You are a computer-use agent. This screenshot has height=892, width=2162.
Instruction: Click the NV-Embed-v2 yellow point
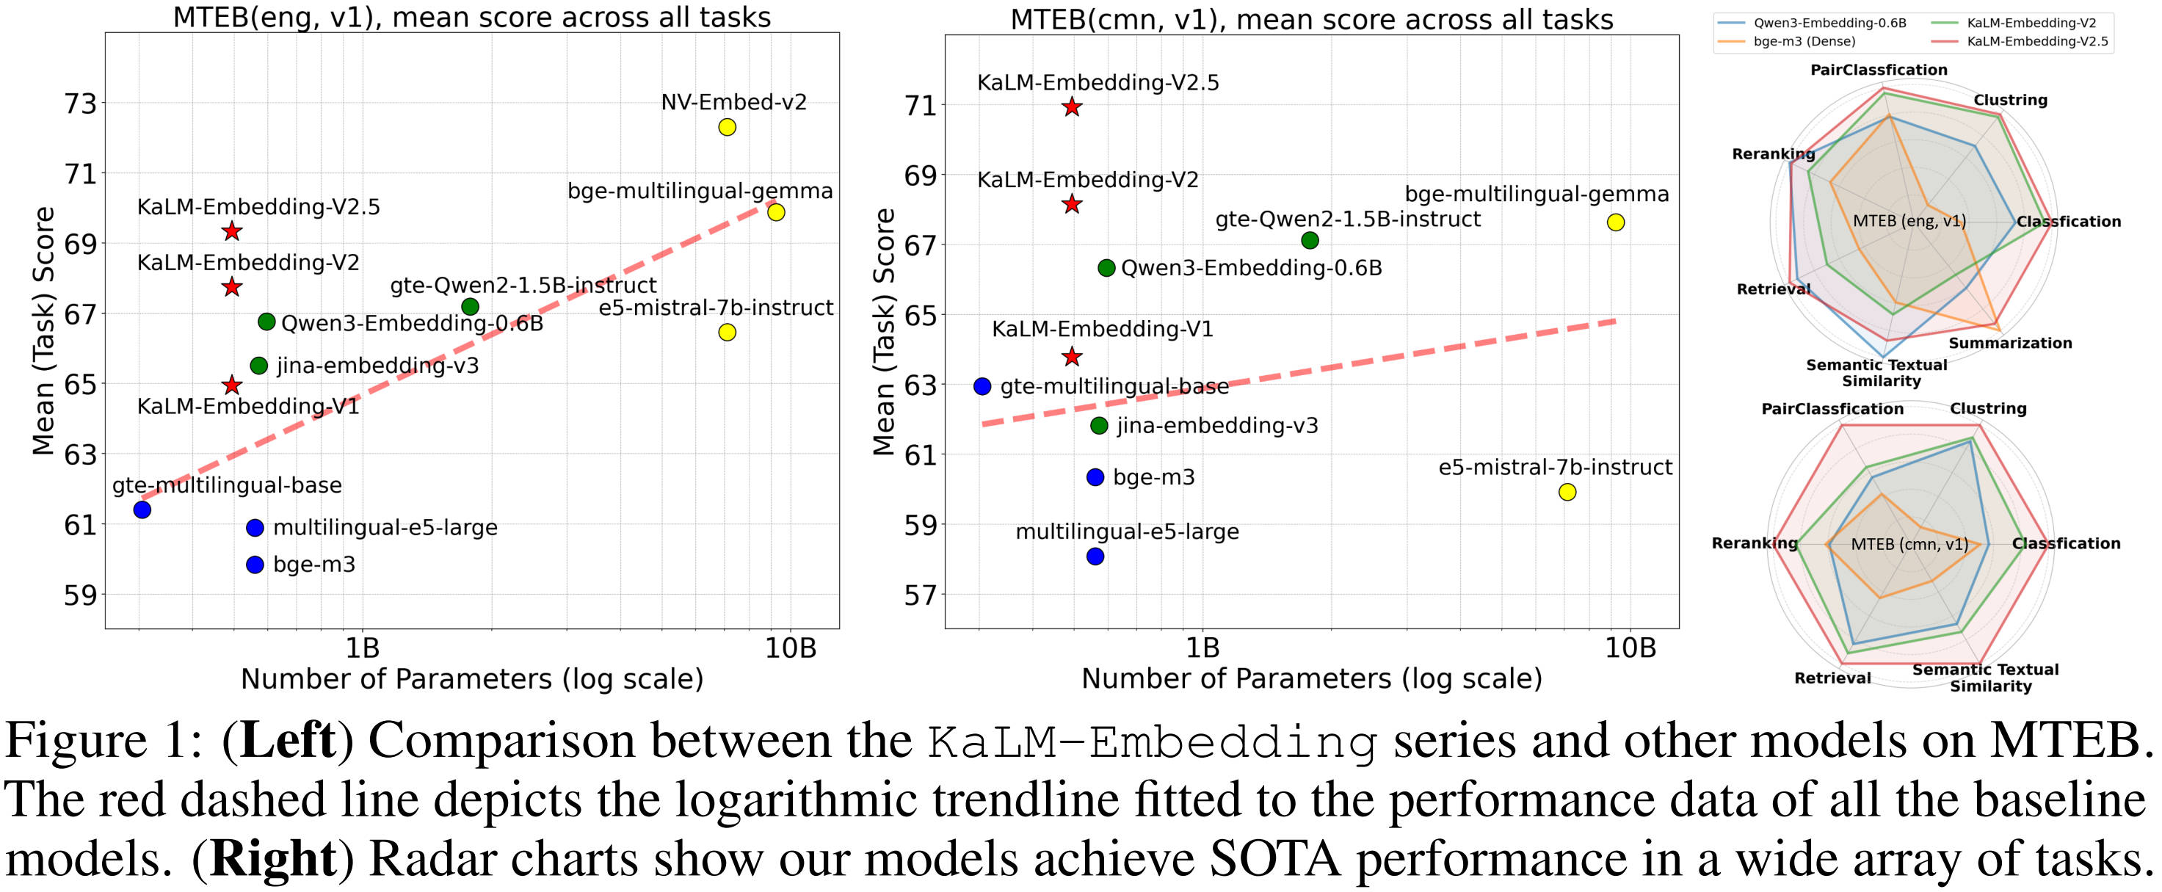pyautogui.click(x=727, y=127)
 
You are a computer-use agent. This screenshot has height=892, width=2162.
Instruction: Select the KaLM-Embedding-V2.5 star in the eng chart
pyautogui.click(x=233, y=231)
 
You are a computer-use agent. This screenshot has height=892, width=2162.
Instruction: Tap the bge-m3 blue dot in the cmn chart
pyautogui.click(x=1095, y=476)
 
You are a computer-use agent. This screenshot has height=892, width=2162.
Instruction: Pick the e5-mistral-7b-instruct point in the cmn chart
pyautogui.click(x=1567, y=492)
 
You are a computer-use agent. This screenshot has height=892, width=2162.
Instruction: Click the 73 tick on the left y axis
pyautogui.click(x=80, y=104)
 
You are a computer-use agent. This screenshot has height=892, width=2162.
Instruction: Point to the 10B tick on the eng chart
pyautogui.click(x=790, y=648)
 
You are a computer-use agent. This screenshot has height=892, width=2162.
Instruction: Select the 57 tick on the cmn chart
pyautogui.click(x=919, y=595)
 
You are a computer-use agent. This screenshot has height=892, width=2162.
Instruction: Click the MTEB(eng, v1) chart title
pyautogui.click(x=472, y=17)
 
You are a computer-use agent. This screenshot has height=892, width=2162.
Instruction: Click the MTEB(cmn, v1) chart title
pyautogui.click(x=1312, y=18)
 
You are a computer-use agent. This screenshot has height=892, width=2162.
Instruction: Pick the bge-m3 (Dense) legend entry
pyautogui.click(x=1804, y=41)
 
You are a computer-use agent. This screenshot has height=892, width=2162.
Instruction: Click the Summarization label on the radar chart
pyautogui.click(x=2010, y=342)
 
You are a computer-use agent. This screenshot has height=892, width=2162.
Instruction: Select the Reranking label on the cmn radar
pyautogui.click(x=1754, y=543)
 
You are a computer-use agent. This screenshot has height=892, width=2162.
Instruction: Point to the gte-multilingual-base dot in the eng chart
pyautogui.click(x=142, y=510)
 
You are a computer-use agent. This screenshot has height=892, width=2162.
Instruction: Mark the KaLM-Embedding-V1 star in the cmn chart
pyautogui.click(x=1072, y=357)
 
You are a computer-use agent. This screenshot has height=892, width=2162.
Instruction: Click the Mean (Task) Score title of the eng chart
pyautogui.click(x=43, y=330)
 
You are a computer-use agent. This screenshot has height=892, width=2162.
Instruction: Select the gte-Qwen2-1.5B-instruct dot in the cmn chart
pyautogui.click(x=1309, y=241)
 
